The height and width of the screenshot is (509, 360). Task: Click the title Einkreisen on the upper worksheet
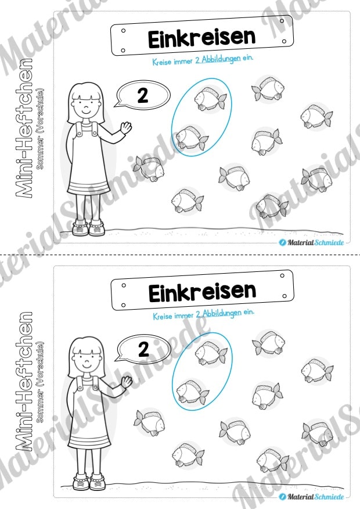coord(201,38)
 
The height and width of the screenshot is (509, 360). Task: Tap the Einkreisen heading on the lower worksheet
coord(203,292)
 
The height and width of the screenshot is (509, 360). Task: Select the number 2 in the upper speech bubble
coord(143,95)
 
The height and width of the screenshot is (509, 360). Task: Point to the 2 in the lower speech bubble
coord(143,350)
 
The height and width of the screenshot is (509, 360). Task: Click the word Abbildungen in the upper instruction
coord(221,59)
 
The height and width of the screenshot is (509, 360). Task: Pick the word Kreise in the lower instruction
coord(162,316)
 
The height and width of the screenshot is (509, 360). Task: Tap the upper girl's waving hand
coord(126,127)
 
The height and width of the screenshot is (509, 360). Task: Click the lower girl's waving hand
coord(127,382)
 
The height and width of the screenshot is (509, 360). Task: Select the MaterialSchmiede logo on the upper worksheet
coord(311,242)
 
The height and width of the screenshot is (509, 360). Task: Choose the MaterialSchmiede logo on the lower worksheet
coord(311,497)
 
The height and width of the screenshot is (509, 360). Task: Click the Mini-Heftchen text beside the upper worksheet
coord(24,128)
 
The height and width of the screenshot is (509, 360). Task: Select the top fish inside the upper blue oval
coord(210,98)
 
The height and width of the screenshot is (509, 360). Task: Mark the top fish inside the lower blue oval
coord(211,353)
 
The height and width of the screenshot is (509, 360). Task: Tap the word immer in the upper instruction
coord(183,61)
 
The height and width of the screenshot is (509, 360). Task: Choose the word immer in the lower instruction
coord(184,315)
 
